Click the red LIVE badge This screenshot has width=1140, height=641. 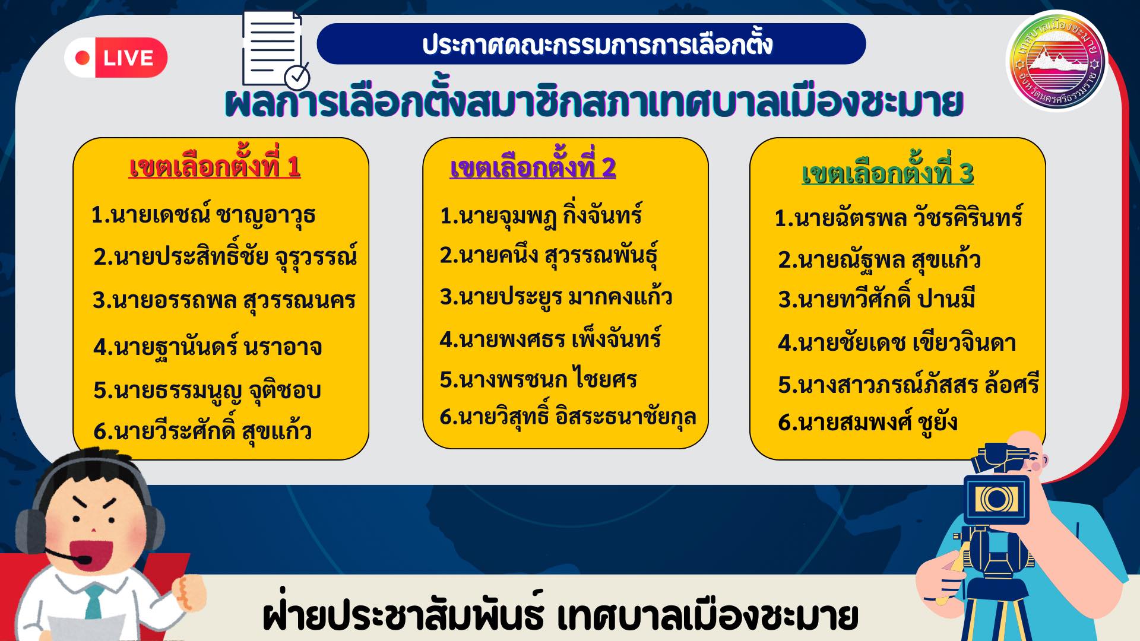click(x=116, y=58)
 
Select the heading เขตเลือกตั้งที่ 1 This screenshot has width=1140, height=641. click(x=214, y=166)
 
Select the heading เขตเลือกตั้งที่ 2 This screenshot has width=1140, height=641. click(x=533, y=167)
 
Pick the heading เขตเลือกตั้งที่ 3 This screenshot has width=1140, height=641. click(x=888, y=172)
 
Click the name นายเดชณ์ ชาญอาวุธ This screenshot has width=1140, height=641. click(x=203, y=215)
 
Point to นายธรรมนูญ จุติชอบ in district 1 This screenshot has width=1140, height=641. click(x=207, y=390)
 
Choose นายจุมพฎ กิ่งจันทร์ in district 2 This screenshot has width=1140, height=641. click(x=541, y=215)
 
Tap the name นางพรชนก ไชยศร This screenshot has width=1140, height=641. click(x=538, y=379)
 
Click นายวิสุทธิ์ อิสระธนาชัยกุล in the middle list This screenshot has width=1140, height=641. click(x=568, y=417)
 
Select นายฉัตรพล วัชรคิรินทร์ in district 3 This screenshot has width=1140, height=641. click(x=898, y=217)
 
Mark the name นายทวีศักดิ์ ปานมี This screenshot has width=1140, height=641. click(x=876, y=299)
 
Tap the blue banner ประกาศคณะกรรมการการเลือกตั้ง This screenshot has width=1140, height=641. click(x=591, y=44)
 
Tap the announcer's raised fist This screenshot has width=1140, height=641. click(x=189, y=590)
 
